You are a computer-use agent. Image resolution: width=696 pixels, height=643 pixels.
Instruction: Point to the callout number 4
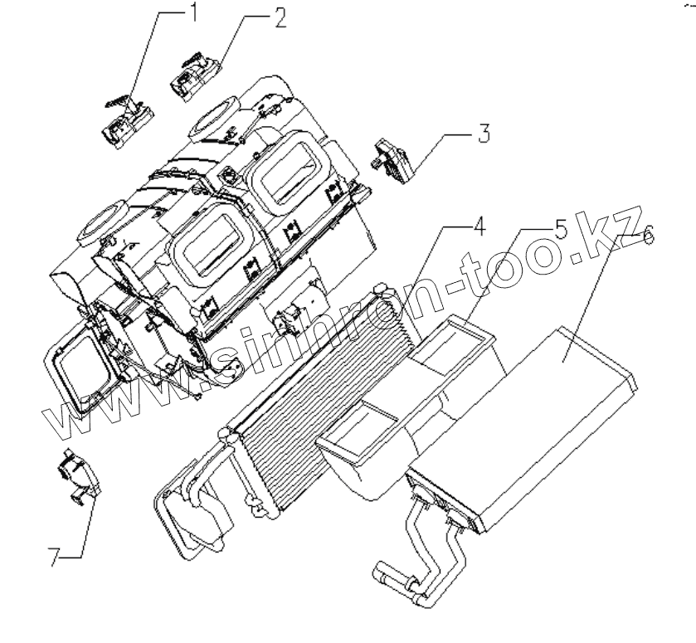(479, 226)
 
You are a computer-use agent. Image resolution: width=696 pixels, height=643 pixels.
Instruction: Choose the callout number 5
(562, 230)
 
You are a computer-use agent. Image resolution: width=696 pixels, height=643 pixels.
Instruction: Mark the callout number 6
(647, 237)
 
